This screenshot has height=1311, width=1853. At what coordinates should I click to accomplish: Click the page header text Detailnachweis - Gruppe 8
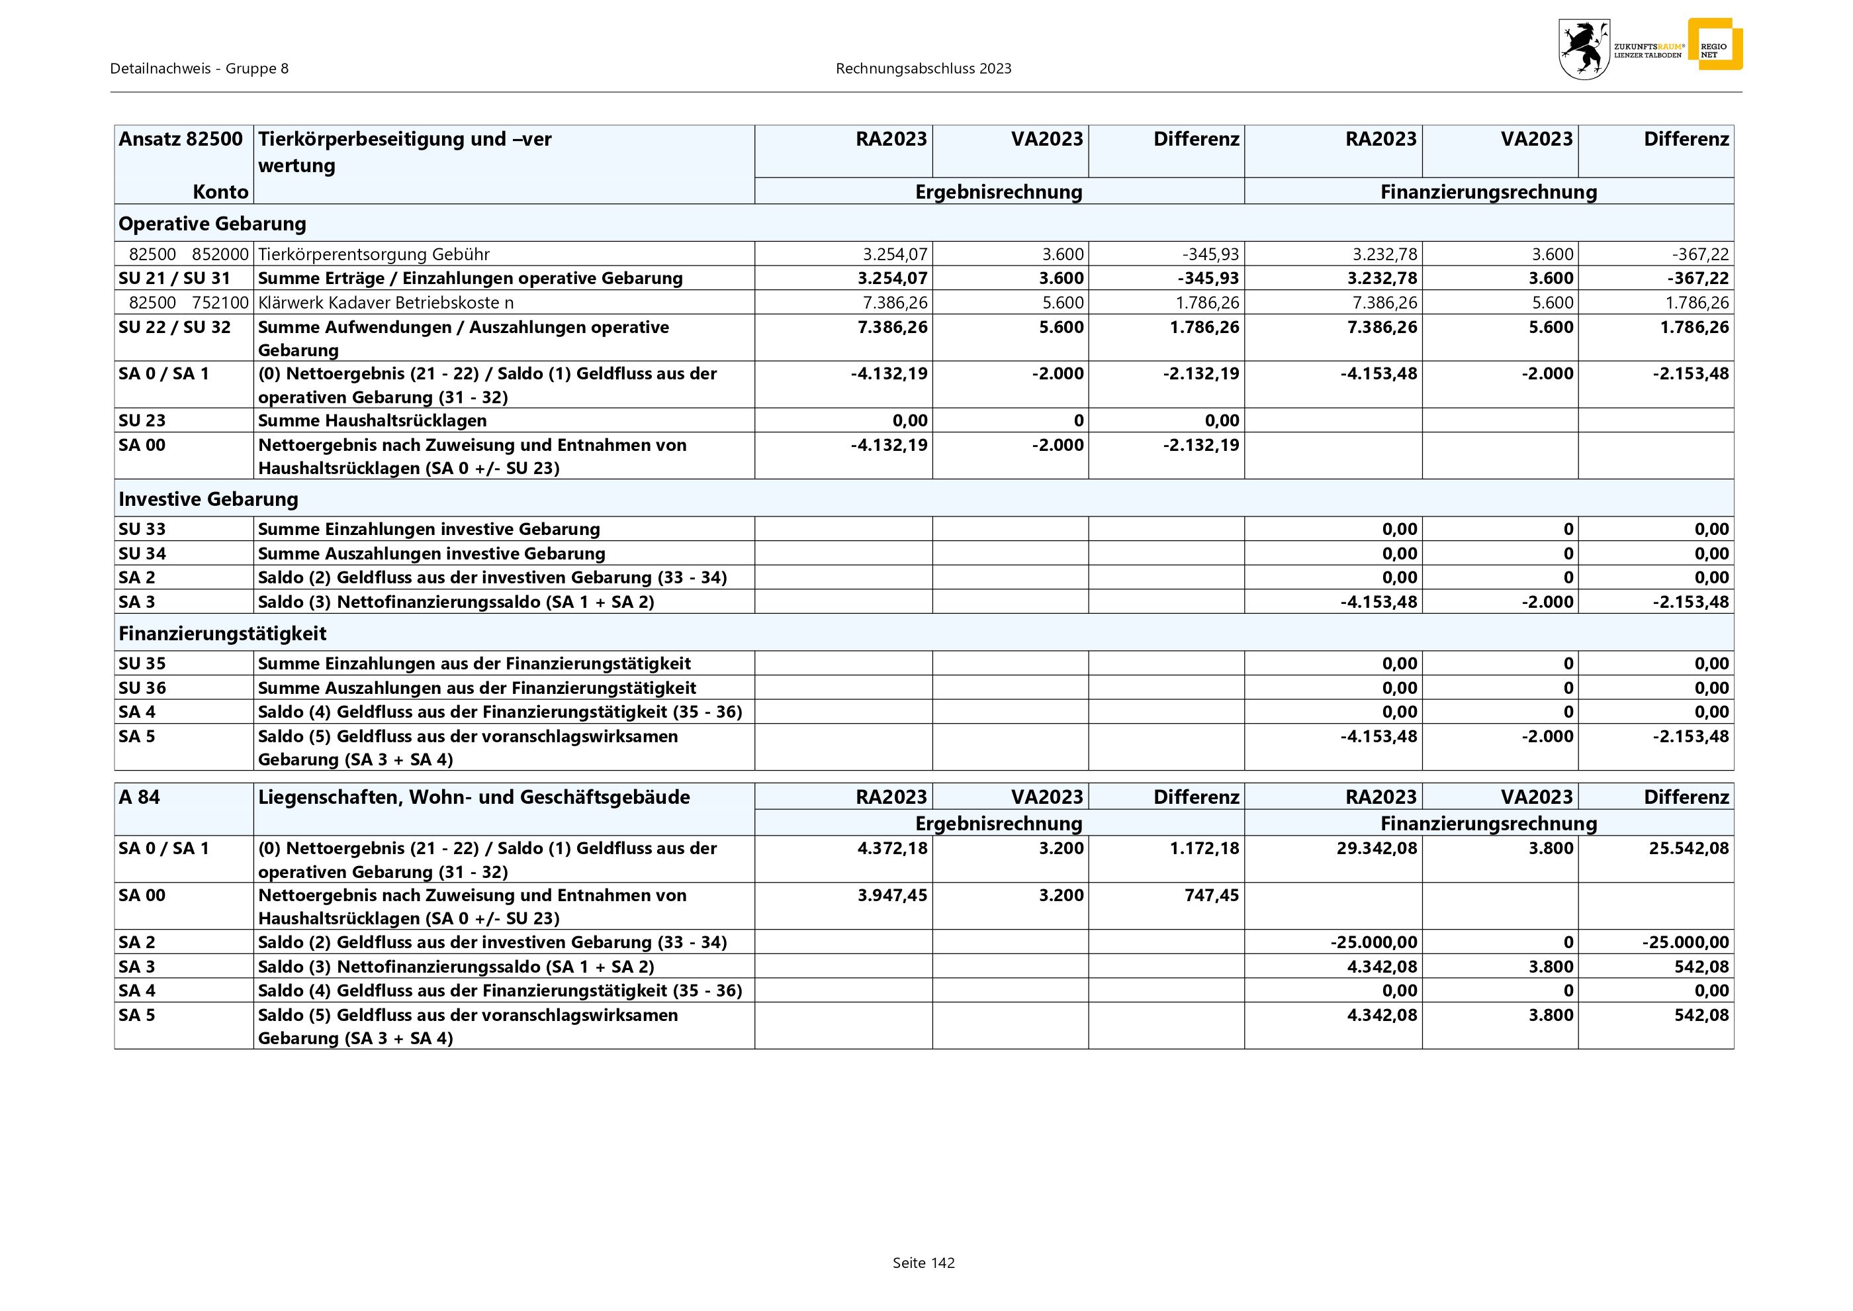tap(199, 69)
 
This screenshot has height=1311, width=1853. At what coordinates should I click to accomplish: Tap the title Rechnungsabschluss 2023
tap(923, 69)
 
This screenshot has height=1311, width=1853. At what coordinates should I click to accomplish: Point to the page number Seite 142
tap(923, 1263)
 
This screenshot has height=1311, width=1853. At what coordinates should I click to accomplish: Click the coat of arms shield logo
tap(1584, 49)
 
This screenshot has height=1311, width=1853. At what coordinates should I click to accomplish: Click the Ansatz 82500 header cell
tap(181, 139)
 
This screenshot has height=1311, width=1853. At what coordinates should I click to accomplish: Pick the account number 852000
tap(220, 254)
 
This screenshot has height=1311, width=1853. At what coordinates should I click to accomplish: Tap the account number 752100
tap(220, 303)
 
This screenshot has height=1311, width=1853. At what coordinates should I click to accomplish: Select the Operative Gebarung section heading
tap(212, 224)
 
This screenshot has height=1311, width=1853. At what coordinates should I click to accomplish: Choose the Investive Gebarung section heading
tap(208, 499)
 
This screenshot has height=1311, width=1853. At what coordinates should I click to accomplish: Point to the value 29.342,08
tap(1376, 848)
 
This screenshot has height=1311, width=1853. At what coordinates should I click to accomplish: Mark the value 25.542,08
tap(1688, 848)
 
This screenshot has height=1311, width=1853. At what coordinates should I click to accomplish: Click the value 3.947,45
tap(892, 895)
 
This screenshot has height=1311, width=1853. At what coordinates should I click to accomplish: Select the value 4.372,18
tap(892, 848)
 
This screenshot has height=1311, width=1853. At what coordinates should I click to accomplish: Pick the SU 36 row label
tap(142, 688)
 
